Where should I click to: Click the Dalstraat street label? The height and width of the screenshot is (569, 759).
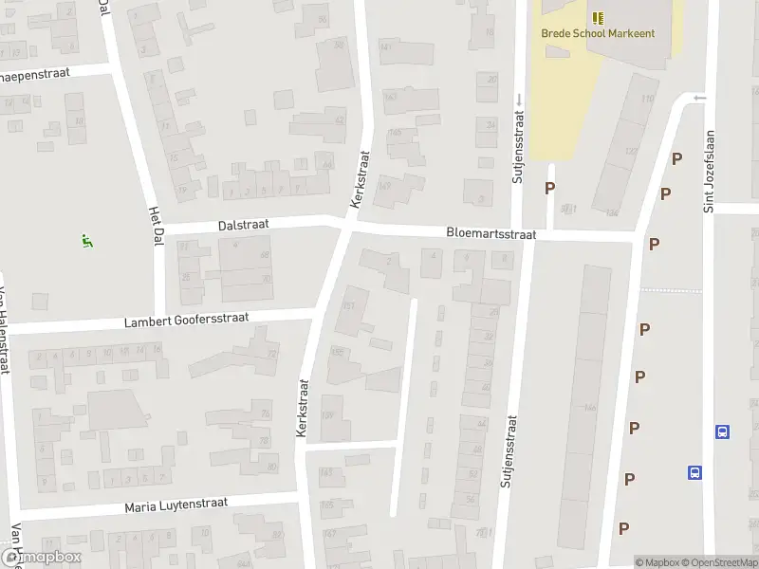click(x=244, y=225)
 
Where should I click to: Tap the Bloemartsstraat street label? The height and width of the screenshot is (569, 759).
click(x=491, y=232)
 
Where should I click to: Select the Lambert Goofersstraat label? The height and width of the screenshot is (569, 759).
click(x=186, y=321)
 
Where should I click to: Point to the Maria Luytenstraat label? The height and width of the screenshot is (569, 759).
click(x=176, y=506)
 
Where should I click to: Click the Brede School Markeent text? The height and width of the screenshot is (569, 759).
click(x=598, y=33)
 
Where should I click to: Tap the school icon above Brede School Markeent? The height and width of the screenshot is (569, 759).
click(x=598, y=17)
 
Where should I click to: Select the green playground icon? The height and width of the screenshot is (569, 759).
click(x=87, y=241)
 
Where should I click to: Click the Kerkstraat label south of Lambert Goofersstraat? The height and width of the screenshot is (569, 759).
click(x=304, y=408)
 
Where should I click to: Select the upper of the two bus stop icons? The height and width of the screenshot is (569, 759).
click(x=723, y=432)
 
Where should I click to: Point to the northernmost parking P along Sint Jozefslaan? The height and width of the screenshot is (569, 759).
click(x=676, y=158)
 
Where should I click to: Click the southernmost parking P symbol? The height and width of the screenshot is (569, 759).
click(x=624, y=528)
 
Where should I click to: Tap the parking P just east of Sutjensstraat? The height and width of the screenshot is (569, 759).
click(x=550, y=188)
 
